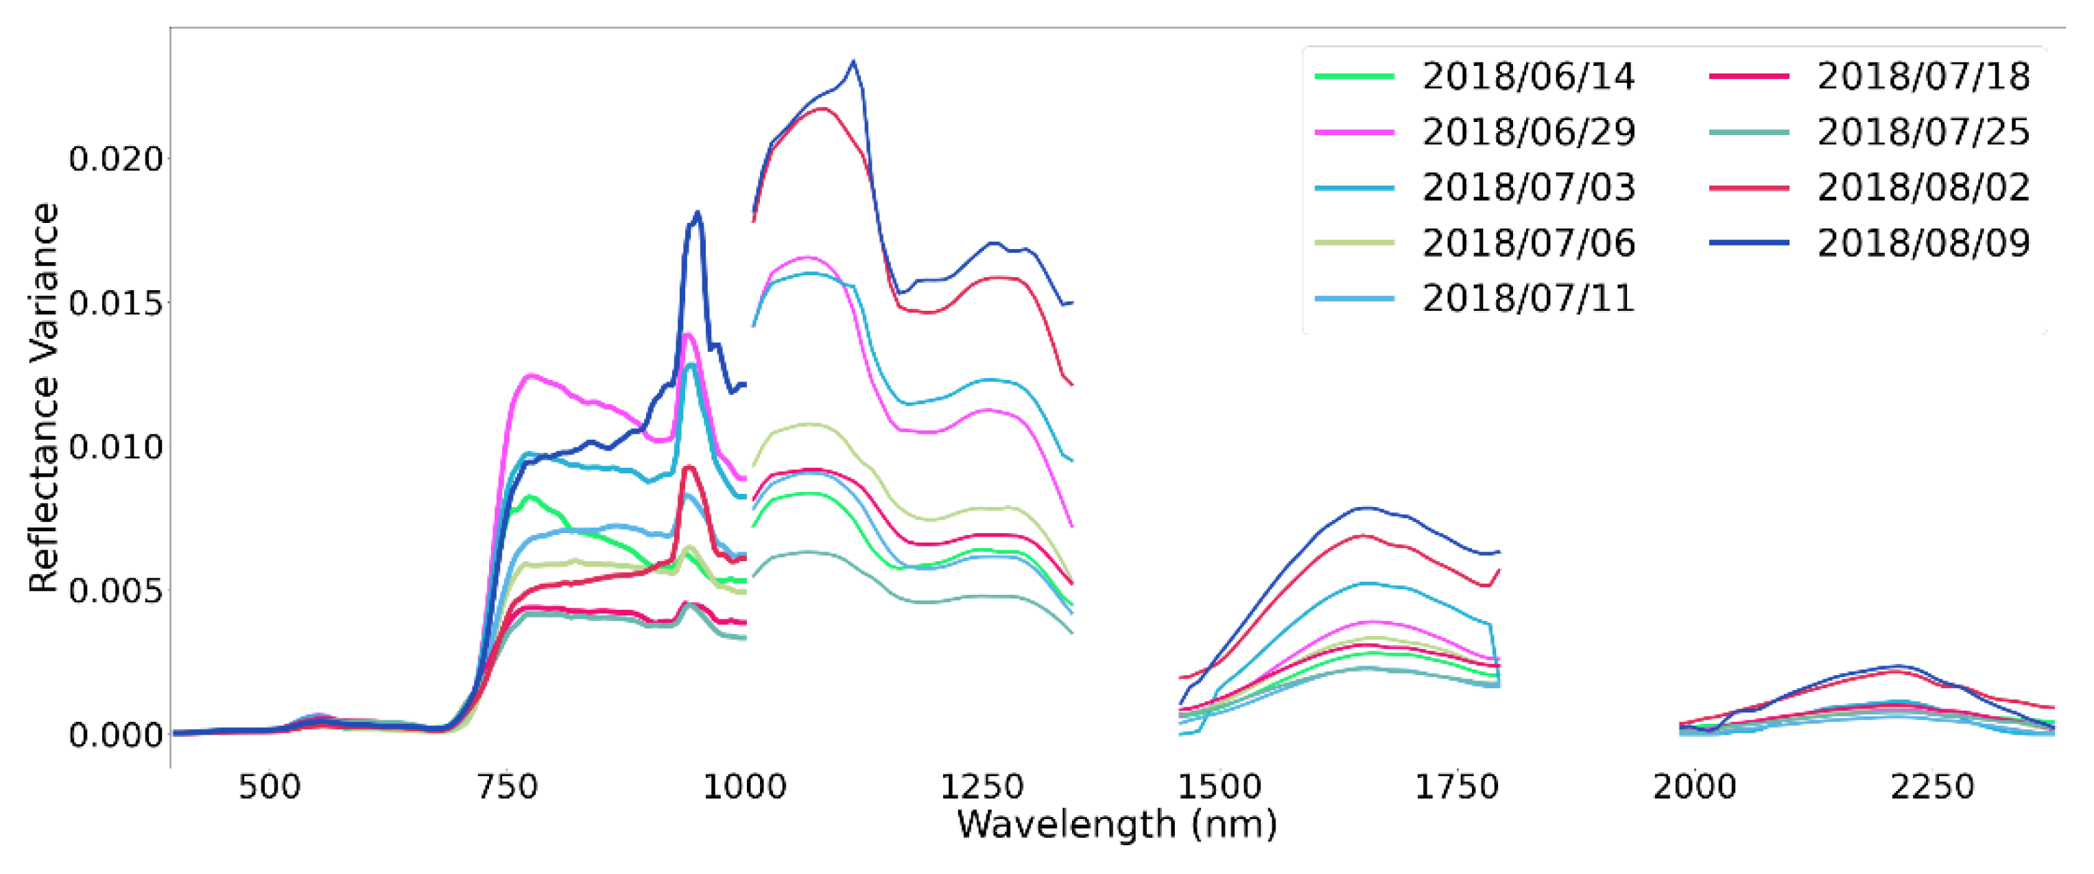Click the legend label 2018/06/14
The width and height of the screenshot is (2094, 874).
[x=1528, y=76]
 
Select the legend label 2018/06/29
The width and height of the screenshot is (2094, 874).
[x=1528, y=132]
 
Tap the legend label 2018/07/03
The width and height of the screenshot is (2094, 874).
[x=1528, y=187]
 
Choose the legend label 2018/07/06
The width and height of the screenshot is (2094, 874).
[x=1528, y=242]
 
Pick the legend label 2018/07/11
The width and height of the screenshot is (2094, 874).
[x=1528, y=298]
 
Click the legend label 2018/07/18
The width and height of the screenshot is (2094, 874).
[x=1923, y=76]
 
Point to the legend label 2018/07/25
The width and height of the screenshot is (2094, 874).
[x=1923, y=132]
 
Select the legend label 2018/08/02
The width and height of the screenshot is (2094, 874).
[x=1923, y=187]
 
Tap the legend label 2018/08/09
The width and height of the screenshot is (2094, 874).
[x=1923, y=242]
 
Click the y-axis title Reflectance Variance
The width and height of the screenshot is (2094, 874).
[x=44, y=398]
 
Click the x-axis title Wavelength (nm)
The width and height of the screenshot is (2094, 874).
[x=1117, y=825]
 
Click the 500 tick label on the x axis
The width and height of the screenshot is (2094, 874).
[x=270, y=787]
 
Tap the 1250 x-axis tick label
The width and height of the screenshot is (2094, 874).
[x=982, y=787]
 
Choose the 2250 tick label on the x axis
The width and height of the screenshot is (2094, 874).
[x=1932, y=787]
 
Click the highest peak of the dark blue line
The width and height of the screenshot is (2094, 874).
[x=853, y=61]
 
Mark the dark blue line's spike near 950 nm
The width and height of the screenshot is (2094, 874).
[x=698, y=213]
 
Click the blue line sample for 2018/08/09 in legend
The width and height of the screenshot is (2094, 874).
[x=1749, y=242]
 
